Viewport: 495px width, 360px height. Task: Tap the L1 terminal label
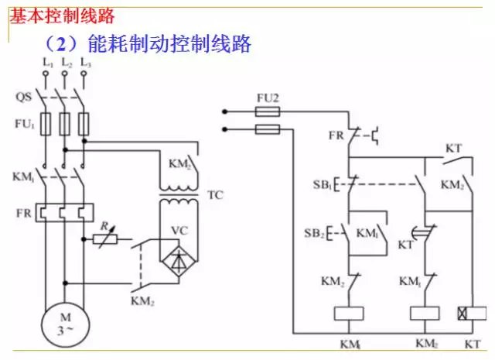click(x=47, y=61)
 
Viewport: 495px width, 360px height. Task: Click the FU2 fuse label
click(x=267, y=98)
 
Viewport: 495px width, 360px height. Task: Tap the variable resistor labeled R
click(x=105, y=239)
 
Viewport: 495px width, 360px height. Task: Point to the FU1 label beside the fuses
click(x=24, y=123)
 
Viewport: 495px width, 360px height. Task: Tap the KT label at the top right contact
click(x=455, y=148)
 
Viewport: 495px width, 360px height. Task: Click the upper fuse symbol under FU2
click(x=268, y=112)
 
